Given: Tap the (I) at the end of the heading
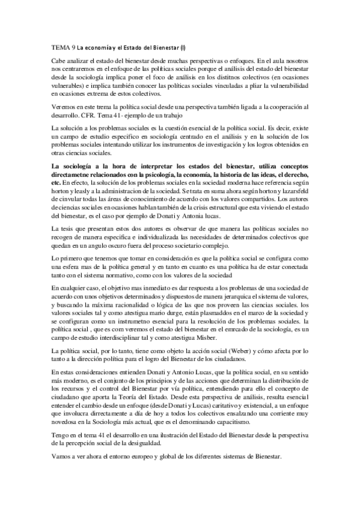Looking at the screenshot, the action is [x=183, y=46].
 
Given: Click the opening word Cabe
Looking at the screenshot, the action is [x=59, y=61].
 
